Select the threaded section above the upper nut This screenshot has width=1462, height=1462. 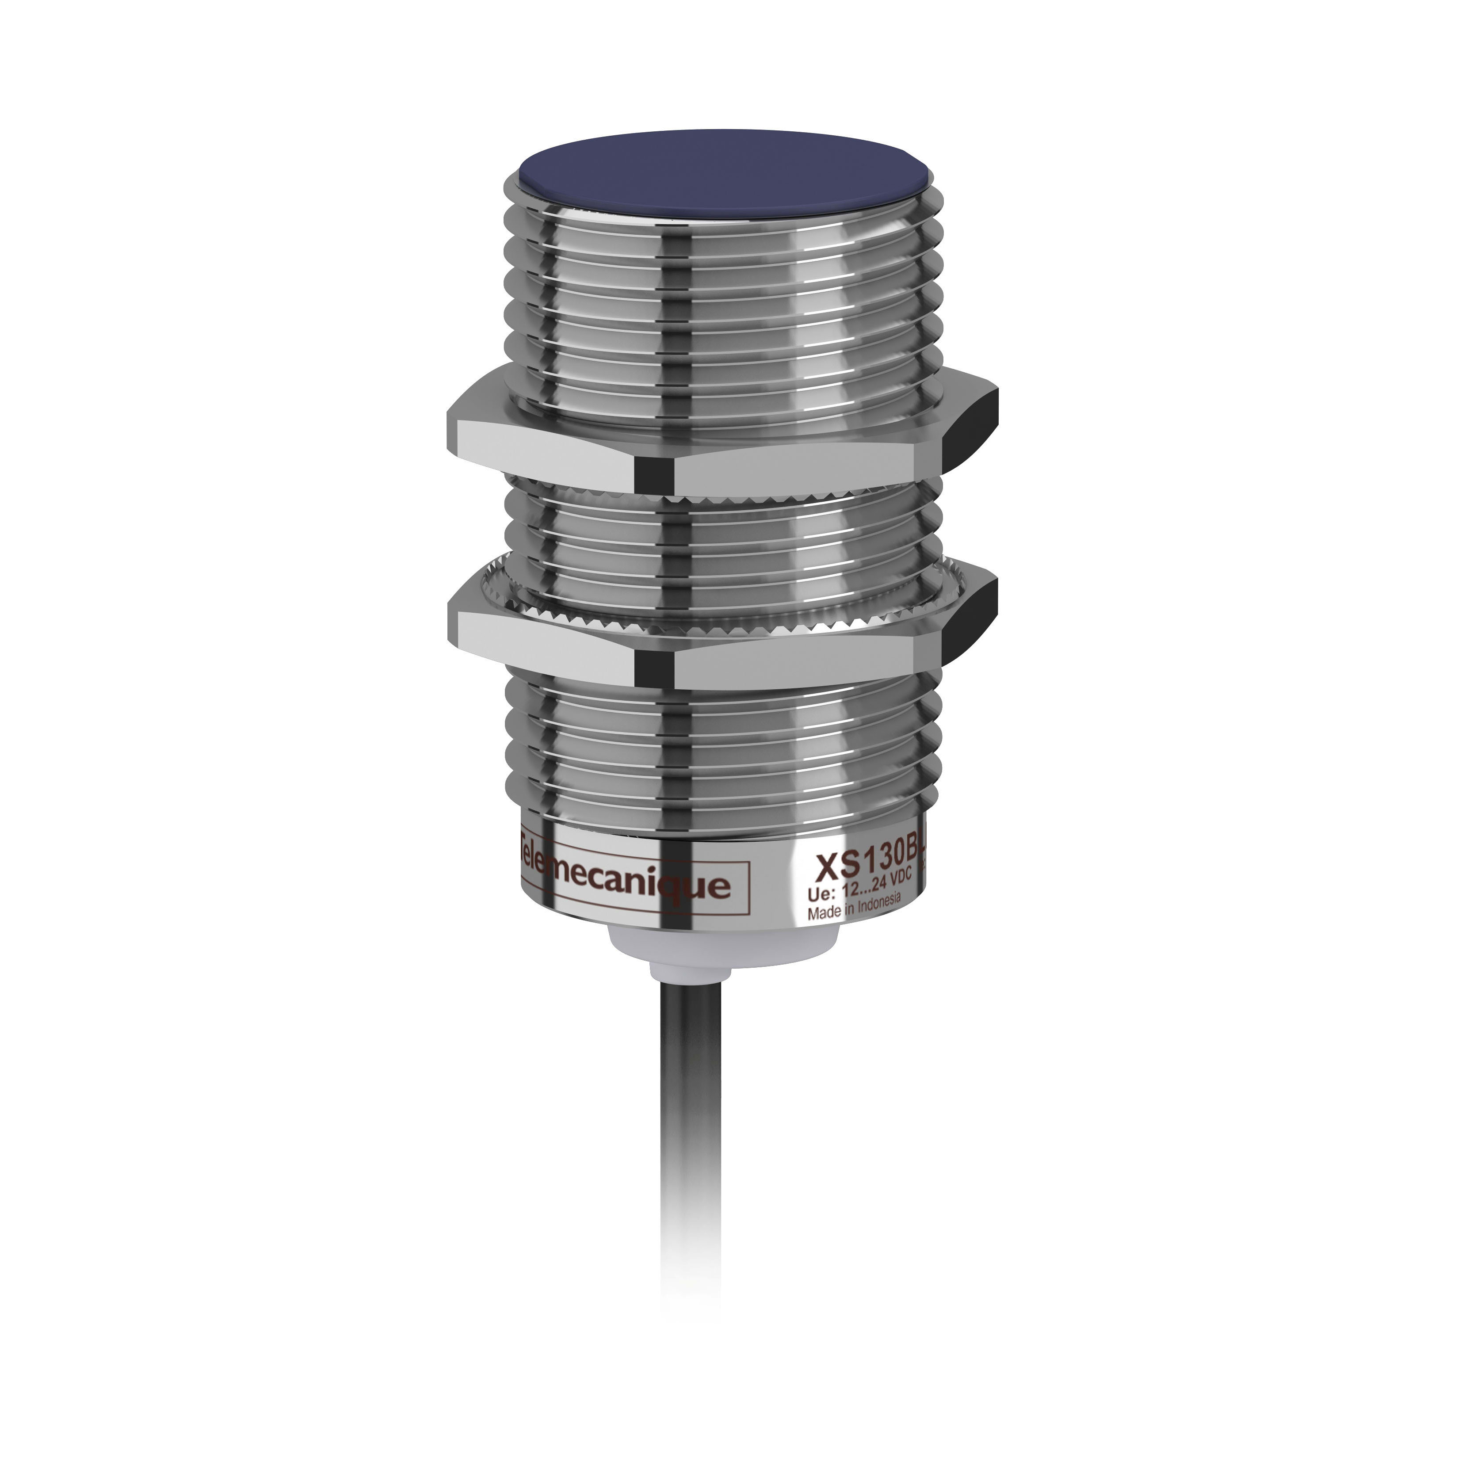pyautogui.click(x=723, y=303)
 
